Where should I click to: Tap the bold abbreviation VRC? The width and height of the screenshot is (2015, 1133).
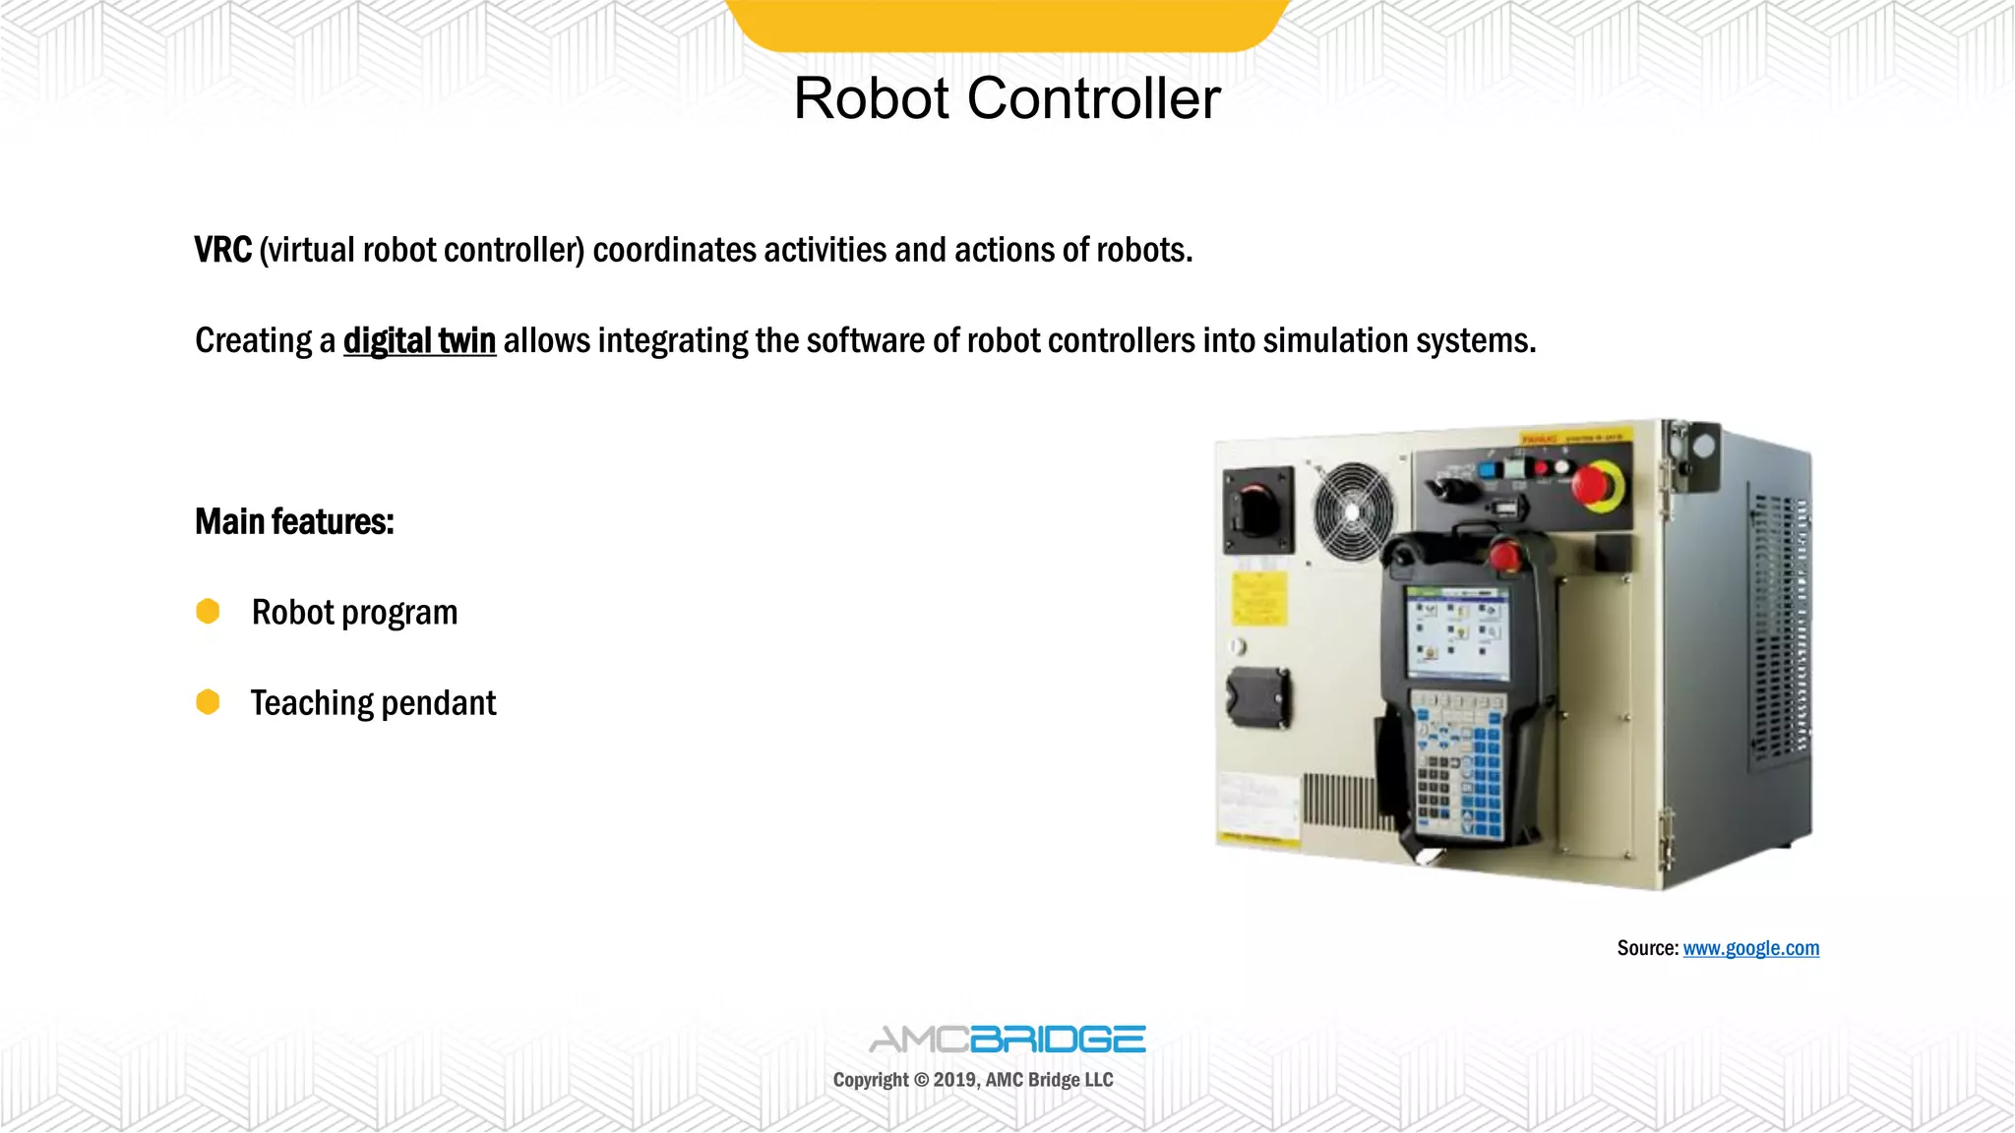click(x=223, y=250)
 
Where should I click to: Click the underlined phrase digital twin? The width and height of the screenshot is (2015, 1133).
click(x=419, y=340)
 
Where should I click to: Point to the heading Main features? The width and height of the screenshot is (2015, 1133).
click(x=294, y=521)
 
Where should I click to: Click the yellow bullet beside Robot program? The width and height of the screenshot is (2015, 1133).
click(x=208, y=612)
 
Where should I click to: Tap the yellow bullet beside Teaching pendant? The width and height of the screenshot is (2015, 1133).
click(x=208, y=702)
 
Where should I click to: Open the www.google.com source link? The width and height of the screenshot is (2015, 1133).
click(x=1750, y=948)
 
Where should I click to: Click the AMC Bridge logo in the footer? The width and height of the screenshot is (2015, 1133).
click(x=1007, y=1040)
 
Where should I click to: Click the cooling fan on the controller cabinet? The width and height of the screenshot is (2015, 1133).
click(x=1354, y=511)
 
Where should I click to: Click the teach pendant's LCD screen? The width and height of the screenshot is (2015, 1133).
click(x=1456, y=632)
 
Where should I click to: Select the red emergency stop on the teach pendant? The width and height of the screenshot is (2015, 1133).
click(x=1503, y=556)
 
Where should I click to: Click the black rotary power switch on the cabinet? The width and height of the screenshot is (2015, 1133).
click(x=1256, y=508)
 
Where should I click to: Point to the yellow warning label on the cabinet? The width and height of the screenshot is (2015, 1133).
click(x=1258, y=598)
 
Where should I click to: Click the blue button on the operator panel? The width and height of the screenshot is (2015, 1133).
click(x=1488, y=468)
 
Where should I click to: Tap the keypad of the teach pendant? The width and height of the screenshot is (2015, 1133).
click(x=1457, y=767)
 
